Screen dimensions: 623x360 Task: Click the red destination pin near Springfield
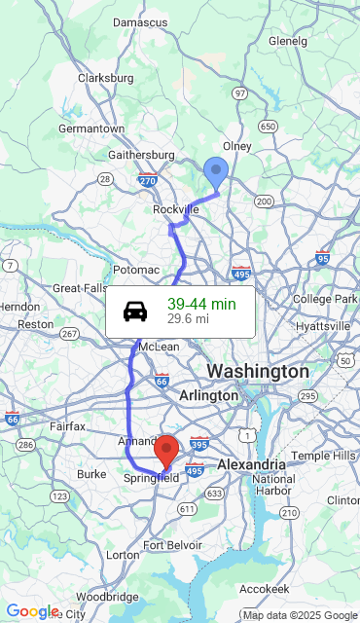[167, 450]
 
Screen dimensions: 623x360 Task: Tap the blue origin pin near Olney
[216, 173]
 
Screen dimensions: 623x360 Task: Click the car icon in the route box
[136, 311]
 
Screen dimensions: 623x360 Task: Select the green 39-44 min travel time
[201, 305]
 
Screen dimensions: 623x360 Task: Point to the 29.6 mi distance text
[188, 318]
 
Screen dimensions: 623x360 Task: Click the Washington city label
[258, 372]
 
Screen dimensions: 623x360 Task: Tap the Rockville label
[175, 209]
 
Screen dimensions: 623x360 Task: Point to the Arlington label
[208, 396]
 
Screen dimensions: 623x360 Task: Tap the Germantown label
[91, 128]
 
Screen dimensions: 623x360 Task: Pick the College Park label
[325, 299]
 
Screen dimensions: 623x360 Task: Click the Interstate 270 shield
[147, 180]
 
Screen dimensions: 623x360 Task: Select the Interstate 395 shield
[198, 444]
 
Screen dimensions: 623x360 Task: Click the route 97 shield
[240, 92]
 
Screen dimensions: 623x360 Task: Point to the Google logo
[32, 611]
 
